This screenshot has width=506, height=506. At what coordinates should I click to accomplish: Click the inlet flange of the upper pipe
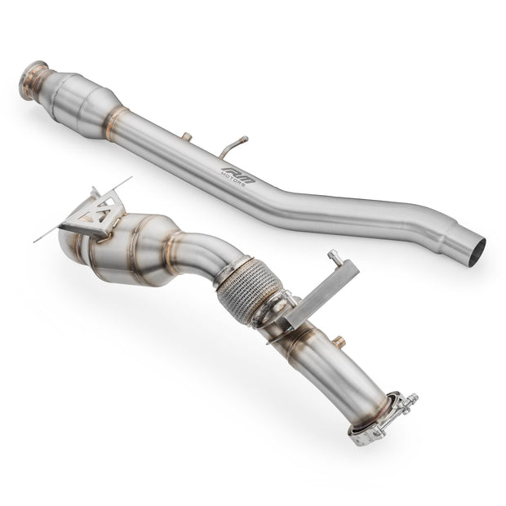pos(34,78)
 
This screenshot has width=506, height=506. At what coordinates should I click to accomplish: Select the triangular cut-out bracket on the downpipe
pos(96,214)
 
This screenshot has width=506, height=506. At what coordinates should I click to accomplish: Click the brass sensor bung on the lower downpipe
pos(338,342)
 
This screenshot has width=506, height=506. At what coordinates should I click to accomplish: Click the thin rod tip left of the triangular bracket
pos(39,239)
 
